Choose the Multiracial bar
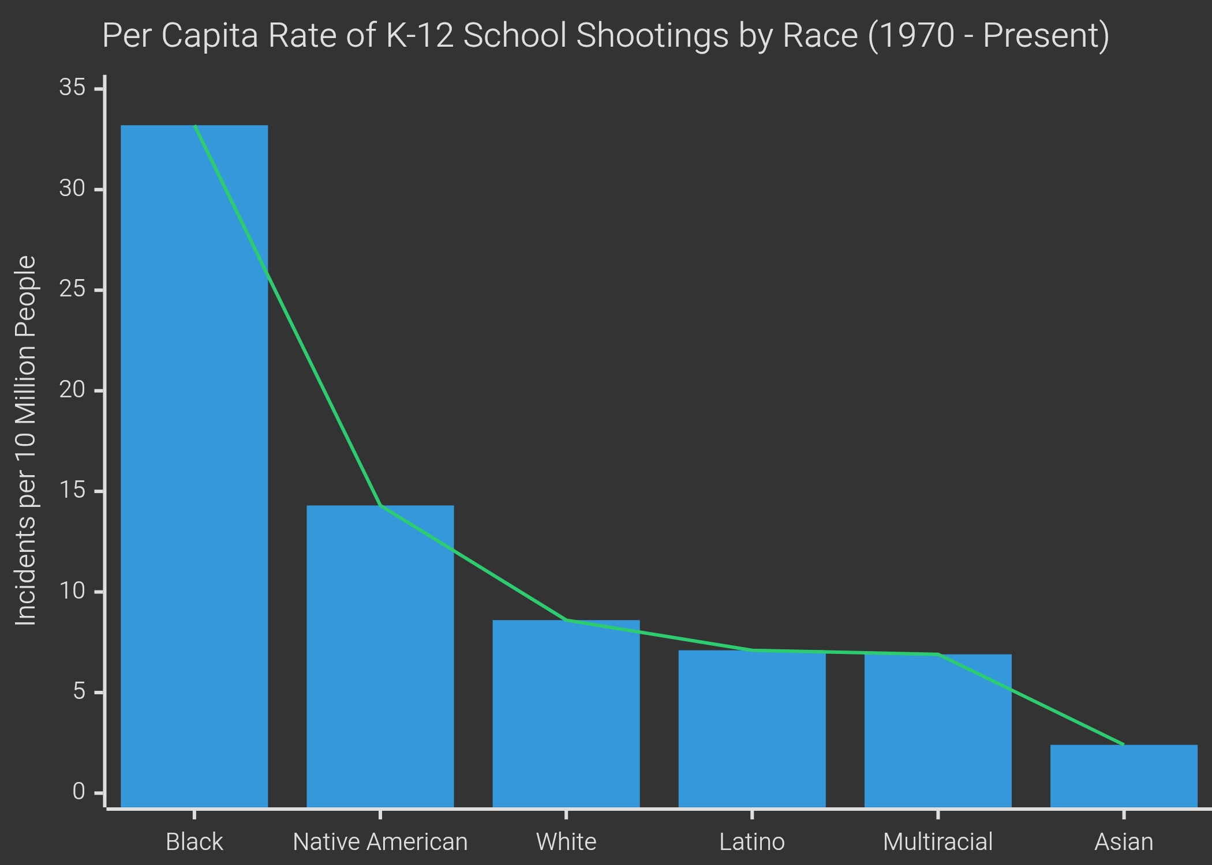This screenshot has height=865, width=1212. [937, 731]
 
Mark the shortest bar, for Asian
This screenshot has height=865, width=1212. [1123, 776]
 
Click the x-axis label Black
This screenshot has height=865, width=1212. [194, 842]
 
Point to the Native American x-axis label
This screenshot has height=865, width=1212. [380, 842]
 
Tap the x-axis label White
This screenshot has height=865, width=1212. [566, 842]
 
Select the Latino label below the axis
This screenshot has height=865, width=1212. [751, 842]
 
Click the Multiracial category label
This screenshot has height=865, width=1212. [937, 842]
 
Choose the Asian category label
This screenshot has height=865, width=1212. [1123, 842]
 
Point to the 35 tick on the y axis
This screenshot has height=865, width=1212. [72, 88]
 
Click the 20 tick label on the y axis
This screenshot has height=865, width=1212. [72, 390]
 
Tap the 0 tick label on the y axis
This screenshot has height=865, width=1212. [79, 792]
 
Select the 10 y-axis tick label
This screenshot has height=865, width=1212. [72, 592]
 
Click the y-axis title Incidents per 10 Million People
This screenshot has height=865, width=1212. [26, 441]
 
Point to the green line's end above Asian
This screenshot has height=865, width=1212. [1123, 744]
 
